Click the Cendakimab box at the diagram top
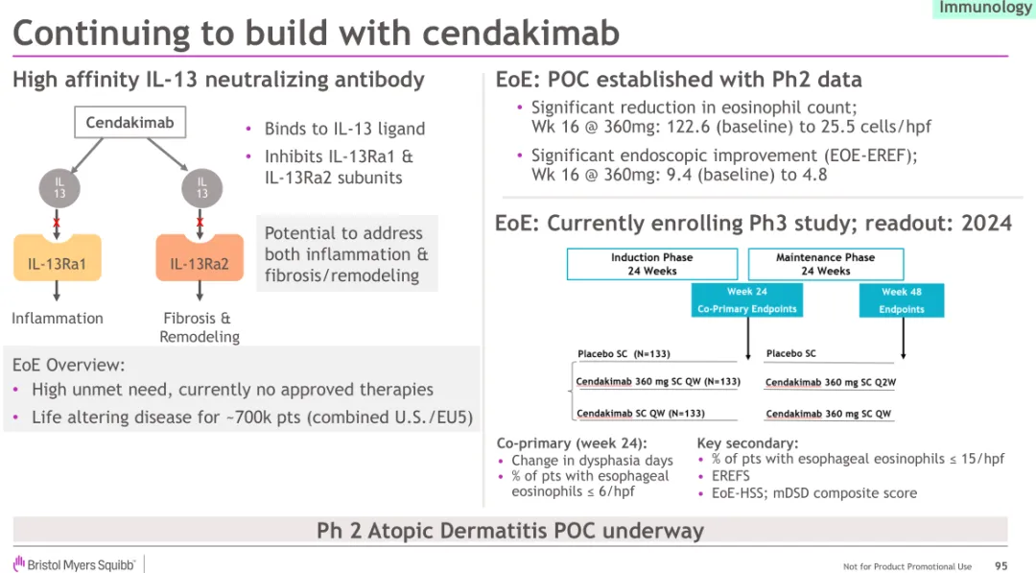point(129,123)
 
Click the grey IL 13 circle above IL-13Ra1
point(59,187)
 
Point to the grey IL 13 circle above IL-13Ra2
point(201,187)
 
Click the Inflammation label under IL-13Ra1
point(58,319)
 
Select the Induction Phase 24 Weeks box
point(651,264)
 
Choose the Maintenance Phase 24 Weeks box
point(825,264)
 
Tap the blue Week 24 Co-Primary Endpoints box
point(746,300)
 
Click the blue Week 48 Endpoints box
point(901,300)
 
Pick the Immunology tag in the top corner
point(984,9)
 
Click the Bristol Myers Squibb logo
point(75,564)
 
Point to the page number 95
point(1001,566)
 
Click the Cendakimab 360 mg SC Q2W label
point(831,383)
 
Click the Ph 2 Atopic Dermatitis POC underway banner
point(510,531)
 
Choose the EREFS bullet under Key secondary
point(731,476)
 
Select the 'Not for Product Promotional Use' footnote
point(907,566)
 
